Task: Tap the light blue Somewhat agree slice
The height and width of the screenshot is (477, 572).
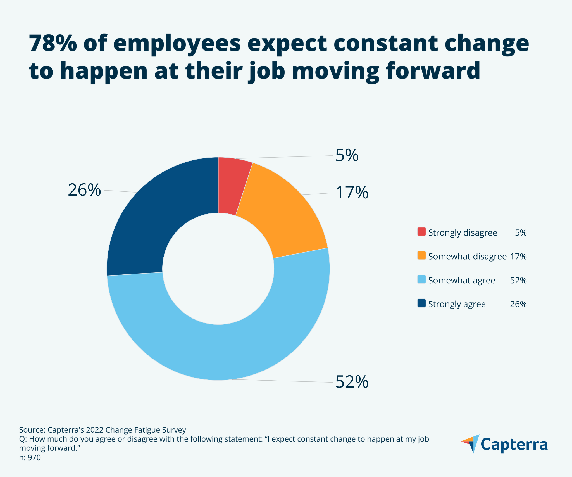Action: tap(223, 352)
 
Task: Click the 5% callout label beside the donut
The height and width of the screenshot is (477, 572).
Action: tap(347, 155)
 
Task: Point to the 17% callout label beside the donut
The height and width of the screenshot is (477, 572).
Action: tap(352, 193)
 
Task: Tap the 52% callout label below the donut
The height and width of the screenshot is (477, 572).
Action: tap(352, 382)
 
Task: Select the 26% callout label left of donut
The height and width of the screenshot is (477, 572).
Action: tap(84, 190)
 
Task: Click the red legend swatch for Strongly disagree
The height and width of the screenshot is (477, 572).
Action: tap(421, 232)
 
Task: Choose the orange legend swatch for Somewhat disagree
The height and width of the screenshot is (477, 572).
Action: tap(421, 255)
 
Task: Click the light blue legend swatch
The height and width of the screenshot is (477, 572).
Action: tap(421, 279)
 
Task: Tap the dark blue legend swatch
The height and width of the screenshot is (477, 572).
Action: tap(421, 303)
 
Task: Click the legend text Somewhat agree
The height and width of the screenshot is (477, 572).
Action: tap(461, 280)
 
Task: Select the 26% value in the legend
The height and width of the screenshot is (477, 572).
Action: tap(518, 304)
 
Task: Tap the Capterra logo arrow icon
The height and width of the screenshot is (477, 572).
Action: tap(471, 443)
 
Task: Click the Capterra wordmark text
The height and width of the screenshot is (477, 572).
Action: tap(514, 445)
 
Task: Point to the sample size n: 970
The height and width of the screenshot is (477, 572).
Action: tap(30, 457)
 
